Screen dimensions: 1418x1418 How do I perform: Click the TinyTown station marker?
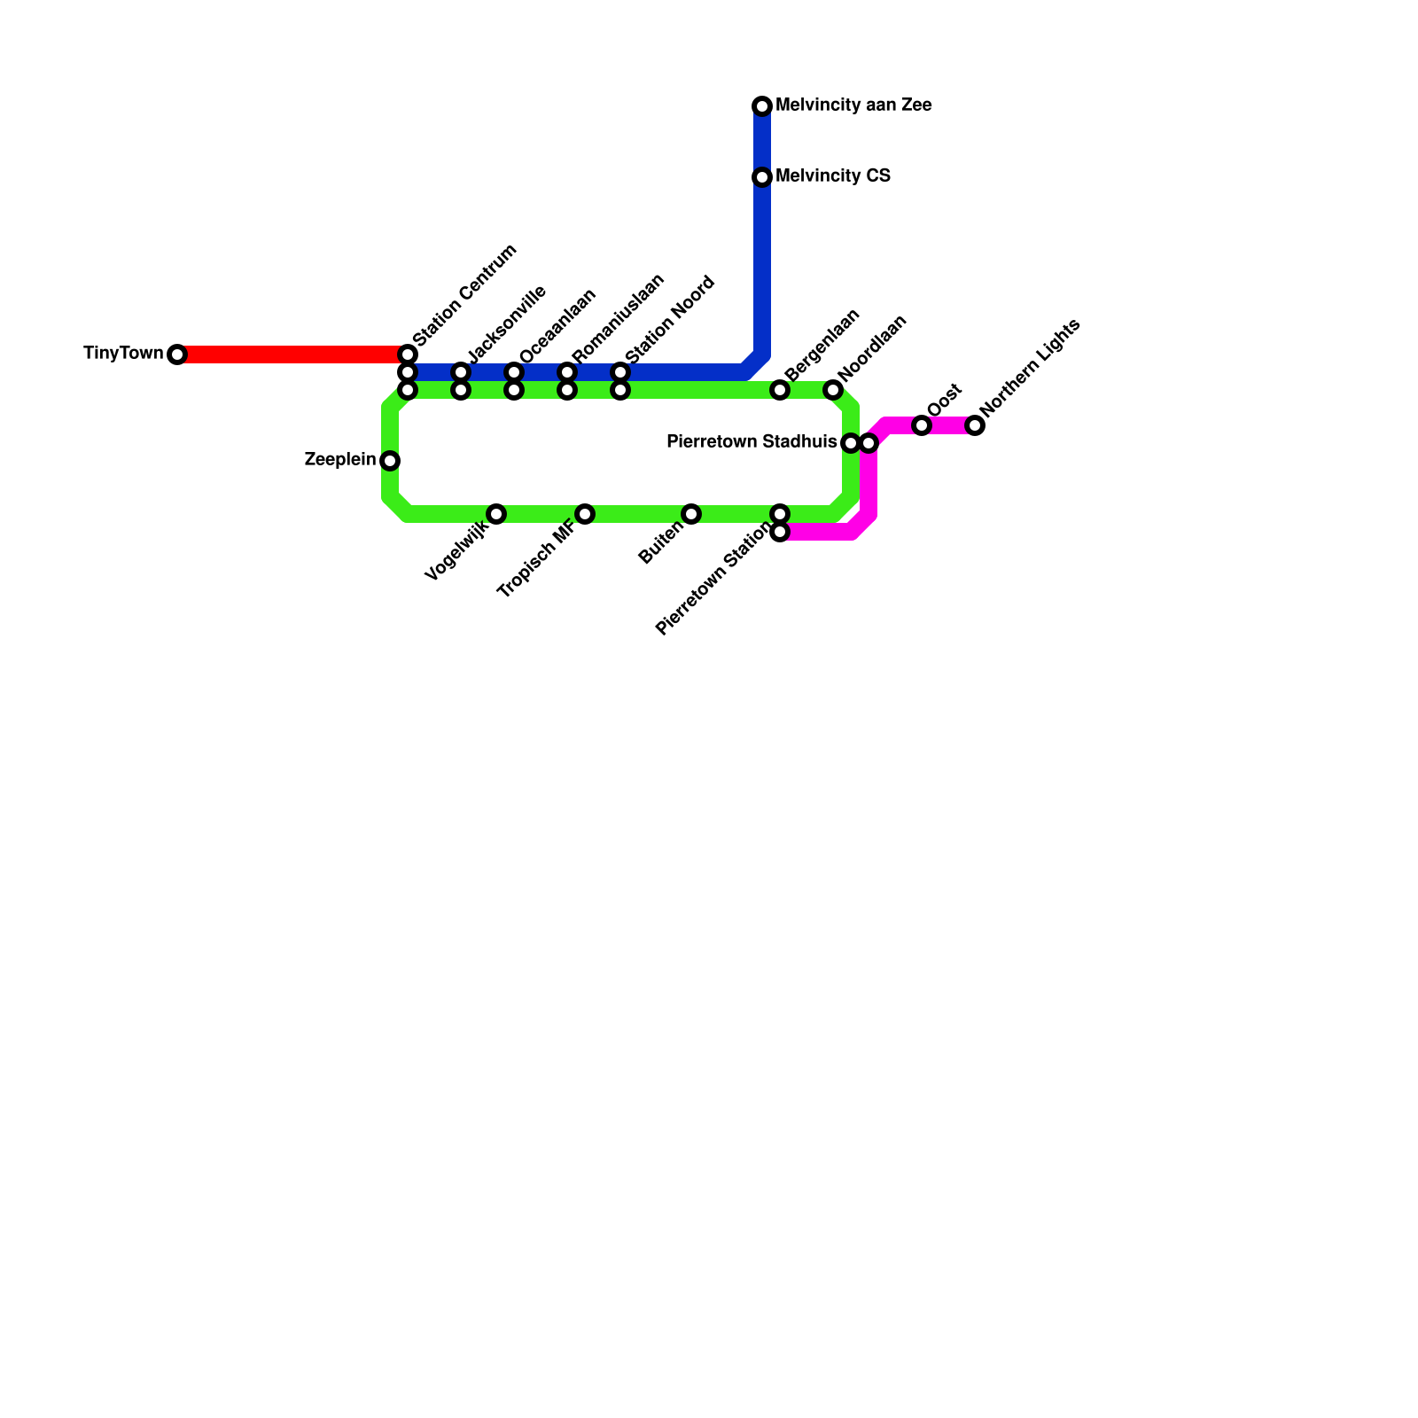[x=177, y=354]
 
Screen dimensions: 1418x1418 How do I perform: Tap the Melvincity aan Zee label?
[x=853, y=105]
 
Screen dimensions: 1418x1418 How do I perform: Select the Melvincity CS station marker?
[x=762, y=177]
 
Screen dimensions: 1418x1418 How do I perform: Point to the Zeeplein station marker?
[x=390, y=461]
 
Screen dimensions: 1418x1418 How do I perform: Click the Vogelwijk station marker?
[x=496, y=514]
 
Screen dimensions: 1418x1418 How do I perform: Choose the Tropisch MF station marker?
[x=585, y=514]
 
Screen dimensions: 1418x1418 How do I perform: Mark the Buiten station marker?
[x=691, y=514]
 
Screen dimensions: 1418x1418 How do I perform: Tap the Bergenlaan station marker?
[x=780, y=390]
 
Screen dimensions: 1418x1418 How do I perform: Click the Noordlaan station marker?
[x=833, y=390]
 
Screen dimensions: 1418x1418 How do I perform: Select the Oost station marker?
[x=922, y=425]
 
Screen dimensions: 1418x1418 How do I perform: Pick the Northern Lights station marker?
[x=975, y=425]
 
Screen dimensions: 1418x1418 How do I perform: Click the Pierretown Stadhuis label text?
[x=751, y=441]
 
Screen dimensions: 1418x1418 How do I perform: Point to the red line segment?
[x=292, y=354]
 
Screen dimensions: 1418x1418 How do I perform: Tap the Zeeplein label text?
[x=339, y=460]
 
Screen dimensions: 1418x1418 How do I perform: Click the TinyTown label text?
[x=123, y=354]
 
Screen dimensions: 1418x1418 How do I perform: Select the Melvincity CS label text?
[x=832, y=176]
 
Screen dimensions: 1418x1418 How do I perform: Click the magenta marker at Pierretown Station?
[x=780, y=532]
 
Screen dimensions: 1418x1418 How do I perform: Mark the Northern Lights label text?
[x=1031, y=367]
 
